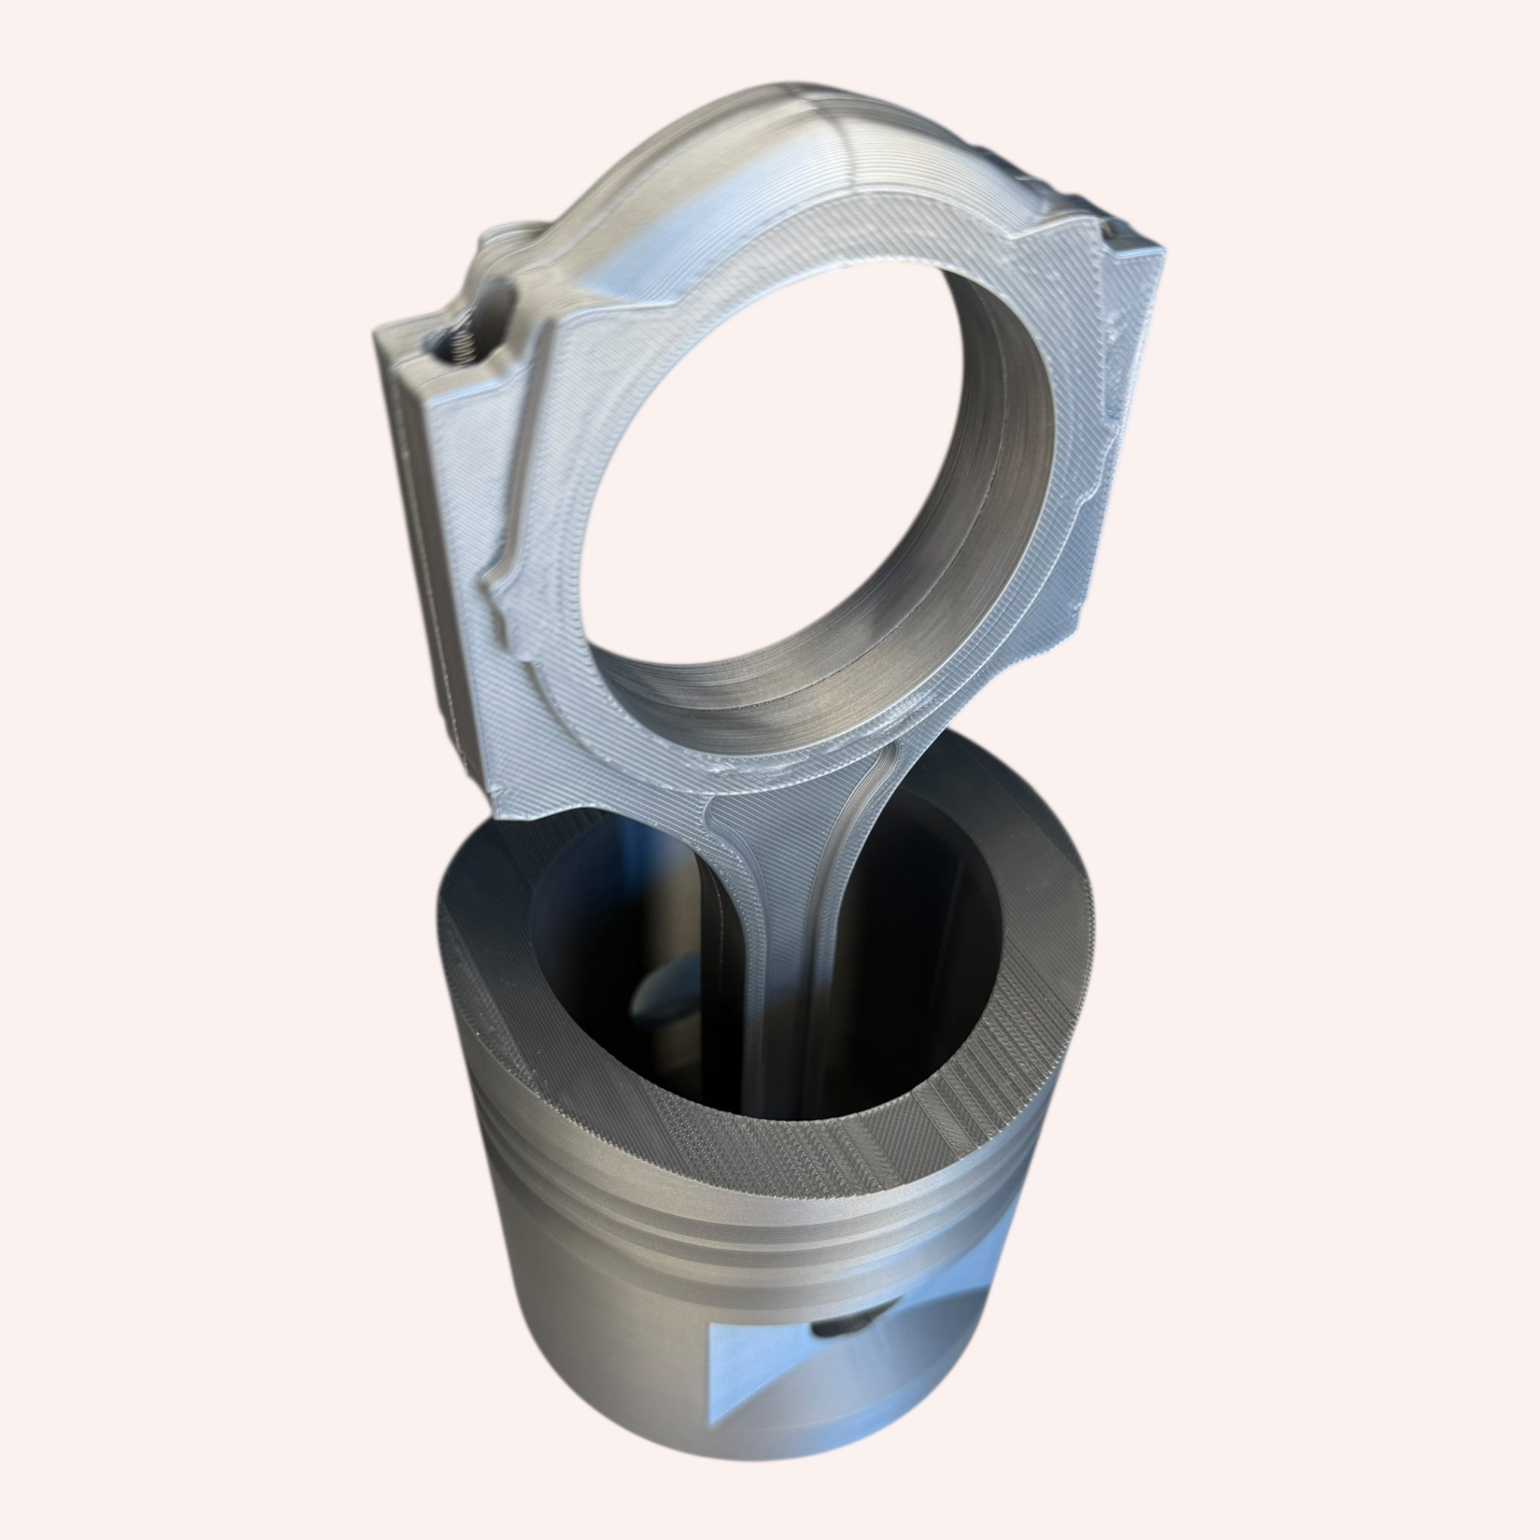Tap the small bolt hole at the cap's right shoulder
tap(1113, 231)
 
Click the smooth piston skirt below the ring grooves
tap(606, 1371)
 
